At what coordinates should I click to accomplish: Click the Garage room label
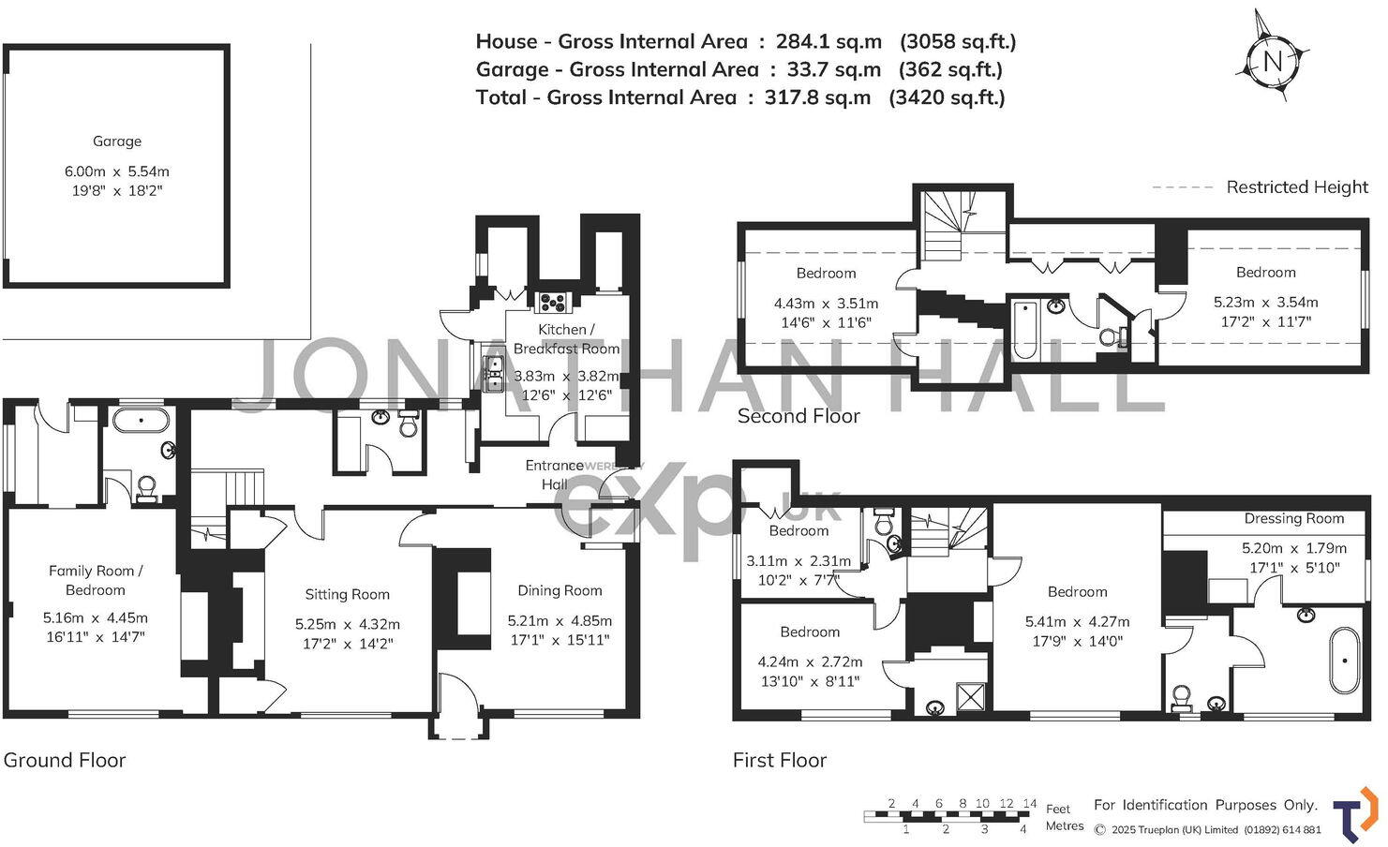pyautogui.click(x=117, y=141)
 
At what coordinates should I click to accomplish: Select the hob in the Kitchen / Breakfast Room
pyautogui.click(x=552, y=301)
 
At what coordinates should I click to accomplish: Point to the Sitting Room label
pyautogui.click(x=347, y=594)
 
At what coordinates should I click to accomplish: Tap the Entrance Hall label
pyautogui.click(x=554, y=474)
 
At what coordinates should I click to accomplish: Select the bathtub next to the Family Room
pyautogui.click(x=141, y=418)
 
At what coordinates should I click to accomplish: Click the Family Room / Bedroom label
pyautogui.click(x=96, y=580)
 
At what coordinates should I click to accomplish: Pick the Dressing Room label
pyautogui.click(x=1293, y=518)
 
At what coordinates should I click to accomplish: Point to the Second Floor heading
pyautogui.click(x=798, y=416)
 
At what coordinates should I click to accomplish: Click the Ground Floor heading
pyautogui.click(x=65, y=760)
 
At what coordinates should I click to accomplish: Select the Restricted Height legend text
pyautogui.click(x=1296, y=186)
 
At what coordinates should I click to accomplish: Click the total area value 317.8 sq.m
pyautogui.click(x=817, y=97)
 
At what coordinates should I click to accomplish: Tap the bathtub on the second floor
pyautogui.click(x=1024, y=328)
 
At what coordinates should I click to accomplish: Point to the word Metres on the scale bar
pyautogui.click(x=1064, y=826)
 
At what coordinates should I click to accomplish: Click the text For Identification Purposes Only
pyautogui.click(x=1205, y=805)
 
